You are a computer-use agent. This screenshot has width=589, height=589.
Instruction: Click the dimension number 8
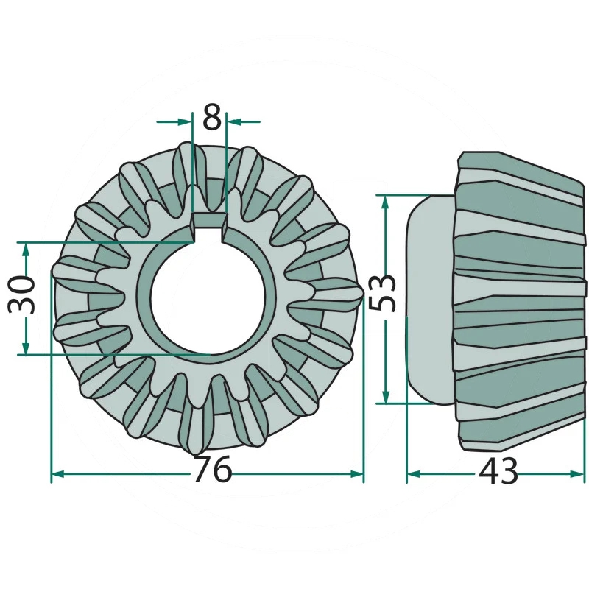coord(212,116)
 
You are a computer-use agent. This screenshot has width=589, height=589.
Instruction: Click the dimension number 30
coord(22,294)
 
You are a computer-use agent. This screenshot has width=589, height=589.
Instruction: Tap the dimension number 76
coord(212,469)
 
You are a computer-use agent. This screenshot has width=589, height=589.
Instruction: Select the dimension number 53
coord(382,293)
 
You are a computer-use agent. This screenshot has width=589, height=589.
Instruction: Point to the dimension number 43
coord(498,471)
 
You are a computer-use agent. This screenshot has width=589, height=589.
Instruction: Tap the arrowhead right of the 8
coord(233,121)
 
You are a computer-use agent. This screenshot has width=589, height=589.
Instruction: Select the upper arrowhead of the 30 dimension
coord(26,250)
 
